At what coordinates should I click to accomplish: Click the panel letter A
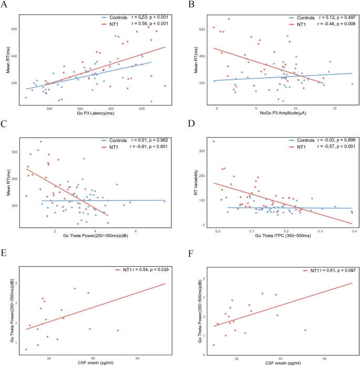pos(5,6)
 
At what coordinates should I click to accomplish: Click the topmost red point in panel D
pos(213,141)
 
